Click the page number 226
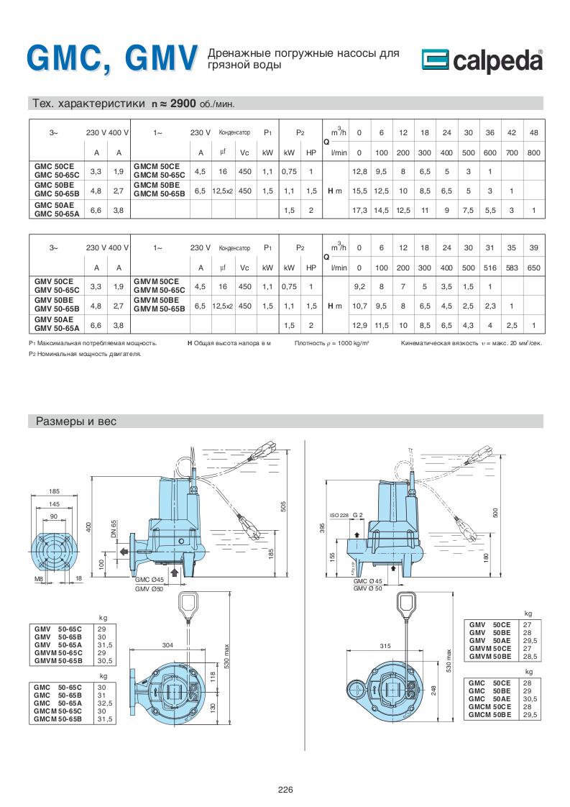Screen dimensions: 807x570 point(285,789)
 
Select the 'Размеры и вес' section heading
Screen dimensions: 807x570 point(75,421)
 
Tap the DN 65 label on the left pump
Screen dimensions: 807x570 point(114,529)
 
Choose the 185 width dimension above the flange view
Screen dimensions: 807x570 point(54,491)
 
